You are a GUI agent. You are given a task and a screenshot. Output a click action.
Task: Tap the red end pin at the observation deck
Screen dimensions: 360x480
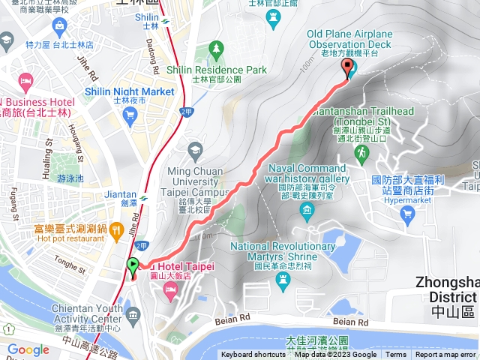coord(347,68)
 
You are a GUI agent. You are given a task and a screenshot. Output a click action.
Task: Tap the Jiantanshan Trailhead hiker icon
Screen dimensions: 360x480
coord(361,152)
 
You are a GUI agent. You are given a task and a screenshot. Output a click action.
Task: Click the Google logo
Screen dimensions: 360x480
coord(28,349)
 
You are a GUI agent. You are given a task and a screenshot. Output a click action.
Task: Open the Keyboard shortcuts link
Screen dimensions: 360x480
coord(253,355)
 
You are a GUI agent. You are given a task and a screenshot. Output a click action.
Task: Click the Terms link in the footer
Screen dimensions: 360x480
coord(396,355)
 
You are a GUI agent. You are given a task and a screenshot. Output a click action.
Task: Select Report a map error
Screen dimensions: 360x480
coord(445,355)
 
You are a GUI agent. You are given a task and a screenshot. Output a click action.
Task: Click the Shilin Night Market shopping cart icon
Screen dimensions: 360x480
coord(131,114)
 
